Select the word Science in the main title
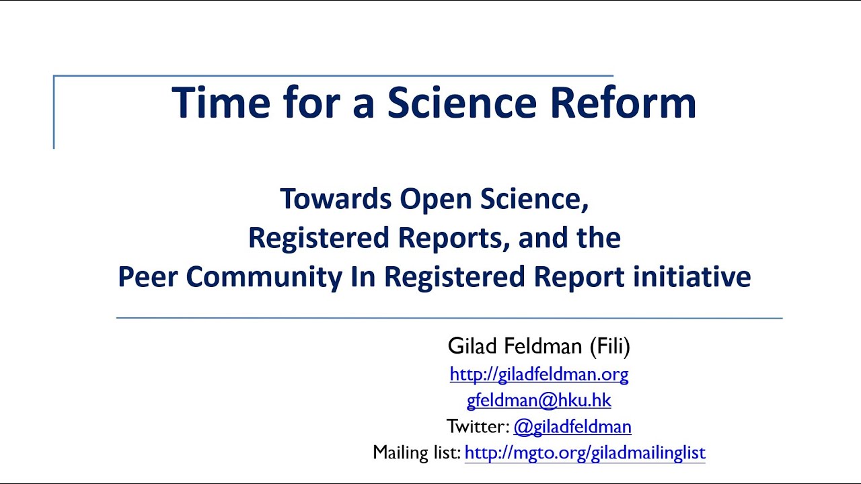click(461, 103)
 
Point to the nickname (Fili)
click(609, 347)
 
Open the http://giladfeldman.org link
click(539, 374)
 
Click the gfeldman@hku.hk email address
click(539, 401)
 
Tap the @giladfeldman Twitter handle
click(572, 427)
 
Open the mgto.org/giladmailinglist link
click(585, 453)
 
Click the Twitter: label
click(478, 427)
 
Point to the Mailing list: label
click(416, 453)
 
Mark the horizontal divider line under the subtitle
click(449, 318)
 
